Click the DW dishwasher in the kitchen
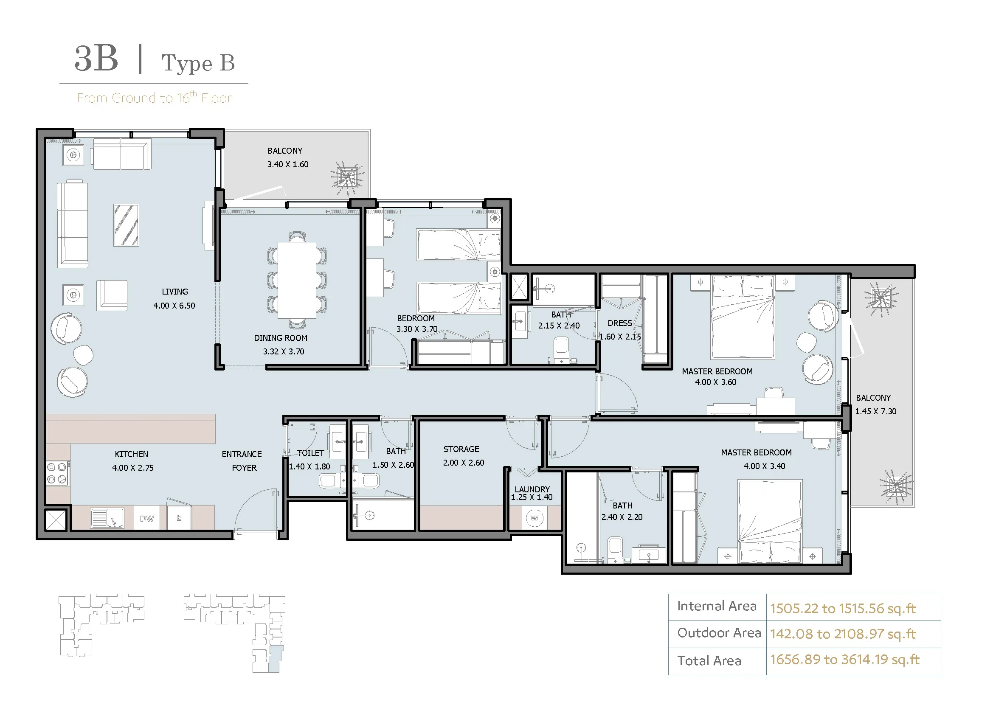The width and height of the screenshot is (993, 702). (147, 518)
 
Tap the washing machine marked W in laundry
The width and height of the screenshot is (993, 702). (534, 518)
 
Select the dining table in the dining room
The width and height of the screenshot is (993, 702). (297, 280)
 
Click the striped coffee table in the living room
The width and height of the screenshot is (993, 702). (126, 225)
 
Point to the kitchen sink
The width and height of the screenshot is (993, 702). (107, 518)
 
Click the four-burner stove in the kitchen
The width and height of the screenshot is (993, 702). (56, 473)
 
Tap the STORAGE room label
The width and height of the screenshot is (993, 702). (461, 449)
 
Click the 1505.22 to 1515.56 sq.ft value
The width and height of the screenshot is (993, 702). (842, 608)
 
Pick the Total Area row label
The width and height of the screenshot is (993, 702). (709, 660)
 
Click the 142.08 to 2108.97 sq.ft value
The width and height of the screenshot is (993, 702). (842, 634)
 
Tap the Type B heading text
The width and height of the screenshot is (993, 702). (198, 63)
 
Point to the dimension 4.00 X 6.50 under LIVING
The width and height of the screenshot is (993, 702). (174, 306)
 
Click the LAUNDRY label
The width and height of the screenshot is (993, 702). (532, 489)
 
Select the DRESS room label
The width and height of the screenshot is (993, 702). (620, 323)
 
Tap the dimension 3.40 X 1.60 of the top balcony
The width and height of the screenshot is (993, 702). (288, 164)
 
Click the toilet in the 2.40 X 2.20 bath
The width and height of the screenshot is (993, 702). (615, 549)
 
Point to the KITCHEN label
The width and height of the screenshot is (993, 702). (132, 454)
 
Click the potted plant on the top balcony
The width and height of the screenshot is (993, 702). (348, 179)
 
